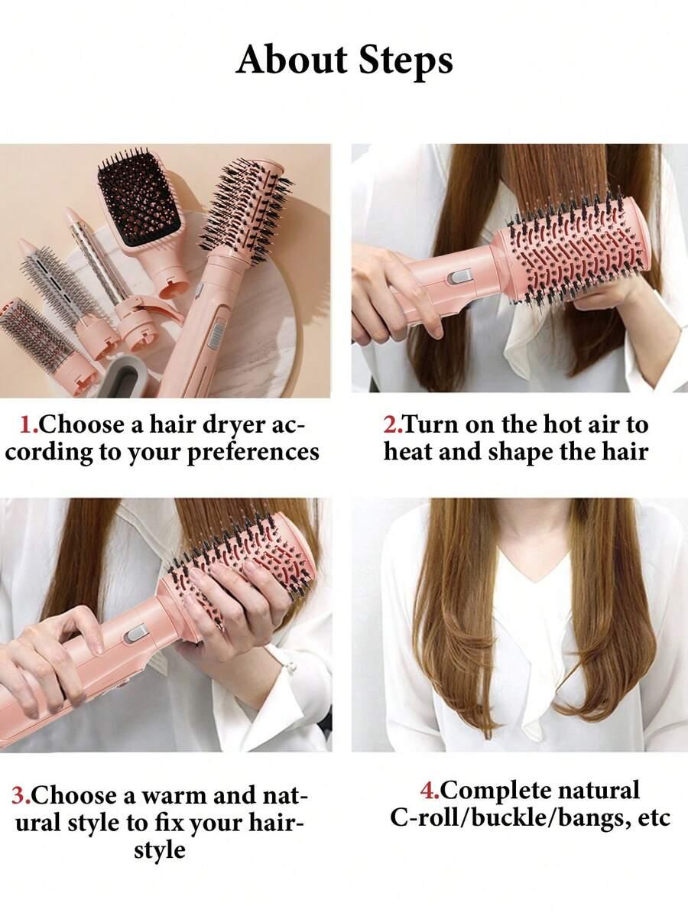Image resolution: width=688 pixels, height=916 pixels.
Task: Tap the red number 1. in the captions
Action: (28, 424)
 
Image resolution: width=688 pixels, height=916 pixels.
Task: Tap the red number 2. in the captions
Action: (392, 424)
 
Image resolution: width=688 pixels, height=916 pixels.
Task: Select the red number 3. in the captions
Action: (21, 796)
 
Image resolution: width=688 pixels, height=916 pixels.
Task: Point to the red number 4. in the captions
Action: (430, 791)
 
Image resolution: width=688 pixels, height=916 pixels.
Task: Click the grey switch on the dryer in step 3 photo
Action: (135, 634)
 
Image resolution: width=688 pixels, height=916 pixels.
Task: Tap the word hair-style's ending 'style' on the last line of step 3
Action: (160, 850)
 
